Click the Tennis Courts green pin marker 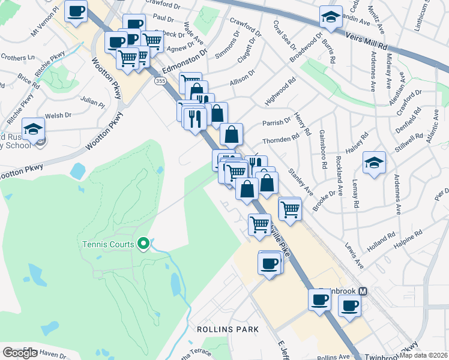pyautogui.click(x=143, y=244)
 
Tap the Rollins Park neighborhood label pyautogui.click(x=228, y=329)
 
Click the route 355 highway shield pyautogui.click(x=160, y=80)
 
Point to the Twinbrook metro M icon pyautogui.click(x=363, y=291)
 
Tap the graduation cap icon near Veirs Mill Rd pyautogui.click(x=330, y=17)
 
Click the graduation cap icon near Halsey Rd pyautogui.click(x=374, y=163)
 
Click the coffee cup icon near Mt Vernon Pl pyautogui.click(x=76, y=11)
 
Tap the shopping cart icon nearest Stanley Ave pyautogui.click(x=290, y=209)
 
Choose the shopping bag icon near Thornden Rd pyautogui.click(x=231, y=134)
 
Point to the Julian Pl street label pyautogui.click(x=92, y=103)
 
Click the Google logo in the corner pyautogui.click(x=20, y=353)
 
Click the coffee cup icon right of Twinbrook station pyautogui.click(x=349, y=305)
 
